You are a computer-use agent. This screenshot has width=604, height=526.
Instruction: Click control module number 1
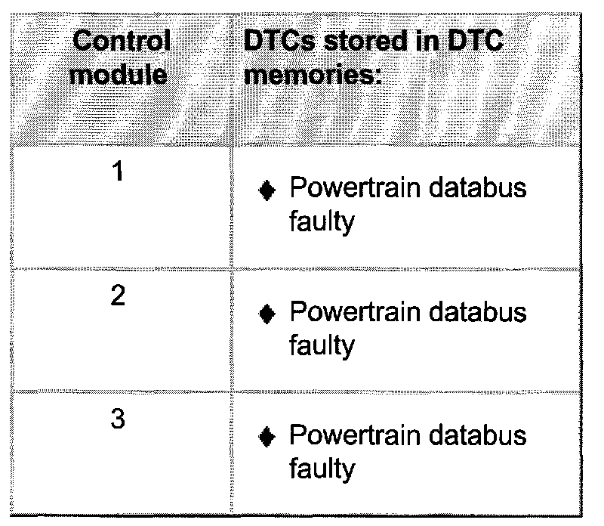pyautogui.click(x=118, y=172)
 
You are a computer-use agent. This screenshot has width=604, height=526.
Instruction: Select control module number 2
pyautogui.click(x=118, y=296)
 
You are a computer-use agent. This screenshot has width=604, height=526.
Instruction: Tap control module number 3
pyautogui.click(x=118, y=420)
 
